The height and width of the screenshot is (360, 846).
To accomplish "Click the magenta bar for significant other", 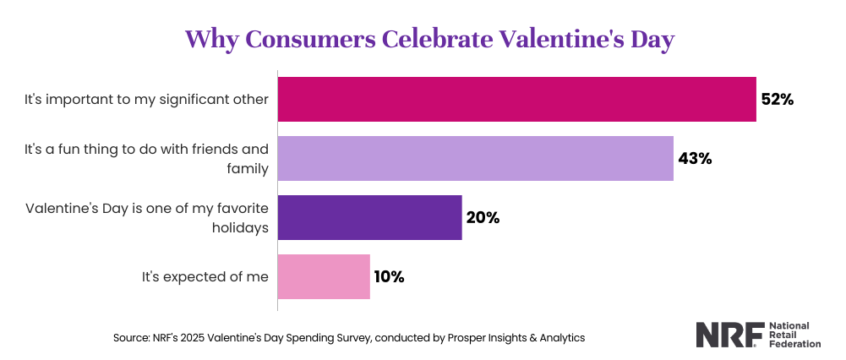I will pos(516,99).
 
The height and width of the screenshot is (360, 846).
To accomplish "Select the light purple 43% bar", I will pos(475,158).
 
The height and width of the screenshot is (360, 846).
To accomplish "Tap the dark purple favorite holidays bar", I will pos(369,217).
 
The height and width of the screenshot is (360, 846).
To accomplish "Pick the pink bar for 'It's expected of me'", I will pos(324,276).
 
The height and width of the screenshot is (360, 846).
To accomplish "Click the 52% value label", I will pos(778,99).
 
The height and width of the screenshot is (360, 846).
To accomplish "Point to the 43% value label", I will pos(695,158).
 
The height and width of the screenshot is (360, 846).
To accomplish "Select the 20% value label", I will pos(483,217).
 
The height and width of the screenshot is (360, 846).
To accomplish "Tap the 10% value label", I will pos(390,276).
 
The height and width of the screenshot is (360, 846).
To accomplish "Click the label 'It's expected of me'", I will pos(205,276).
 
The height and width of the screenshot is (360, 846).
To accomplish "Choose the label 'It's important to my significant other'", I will pos(146,100).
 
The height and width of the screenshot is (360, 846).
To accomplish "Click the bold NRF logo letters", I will pos(730,335).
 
